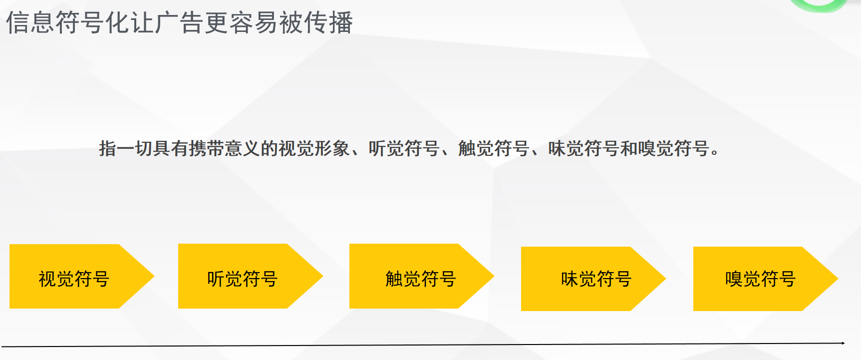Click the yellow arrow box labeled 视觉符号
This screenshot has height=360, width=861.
pos(74,277)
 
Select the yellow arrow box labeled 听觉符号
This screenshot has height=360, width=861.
pos(242,277)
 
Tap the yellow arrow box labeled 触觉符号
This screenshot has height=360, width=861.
pos(420,277)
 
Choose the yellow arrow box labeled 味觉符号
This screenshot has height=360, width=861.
pos(596,279)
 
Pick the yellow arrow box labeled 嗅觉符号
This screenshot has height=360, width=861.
pos(760,279)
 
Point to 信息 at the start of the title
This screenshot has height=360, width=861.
pos(30,23)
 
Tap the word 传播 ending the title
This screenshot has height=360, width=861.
pos(328,23)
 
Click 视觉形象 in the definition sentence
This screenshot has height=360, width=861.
pos(314,149)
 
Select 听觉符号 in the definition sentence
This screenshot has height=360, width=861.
pos(404,149)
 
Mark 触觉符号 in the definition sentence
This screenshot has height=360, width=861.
pos(494,149)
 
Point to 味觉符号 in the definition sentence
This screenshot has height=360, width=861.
pos(583,149)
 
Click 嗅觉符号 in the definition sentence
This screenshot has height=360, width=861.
pos(673,149)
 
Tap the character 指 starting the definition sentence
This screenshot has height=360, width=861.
pos(108,149)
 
